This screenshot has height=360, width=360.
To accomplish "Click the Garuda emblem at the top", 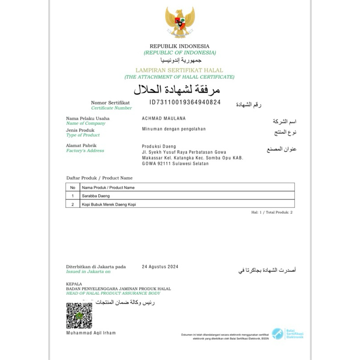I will [x=180, y=22].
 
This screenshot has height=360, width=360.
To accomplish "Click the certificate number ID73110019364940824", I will [x=185, y=102].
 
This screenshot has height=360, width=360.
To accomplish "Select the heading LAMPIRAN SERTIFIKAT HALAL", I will [x=180, y=71].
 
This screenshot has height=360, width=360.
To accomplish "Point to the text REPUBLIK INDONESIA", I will [x=180, y=46].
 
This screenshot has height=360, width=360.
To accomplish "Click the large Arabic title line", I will [x=180, y=88].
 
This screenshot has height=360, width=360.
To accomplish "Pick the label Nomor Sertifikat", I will [x=110, y=103].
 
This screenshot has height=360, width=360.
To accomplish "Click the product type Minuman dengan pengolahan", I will [x=174, y=129].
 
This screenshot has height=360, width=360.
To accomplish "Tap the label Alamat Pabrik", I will [x=81, y=145].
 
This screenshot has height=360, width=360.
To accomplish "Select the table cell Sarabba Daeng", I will [x=95, y=196].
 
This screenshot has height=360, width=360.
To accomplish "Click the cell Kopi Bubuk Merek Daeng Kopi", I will [x=108, y=204].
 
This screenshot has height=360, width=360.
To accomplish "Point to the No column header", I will [x=72, y=187].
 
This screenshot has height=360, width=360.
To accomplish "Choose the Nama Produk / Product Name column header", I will [x=108, y=187].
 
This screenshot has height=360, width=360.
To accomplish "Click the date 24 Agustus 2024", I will [x=160, y=266].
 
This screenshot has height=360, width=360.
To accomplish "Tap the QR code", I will [x=79, y=315].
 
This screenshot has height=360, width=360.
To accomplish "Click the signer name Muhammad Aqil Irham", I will [x=90, y=333].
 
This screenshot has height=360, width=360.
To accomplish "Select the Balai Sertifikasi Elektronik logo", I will [x=287, y=333].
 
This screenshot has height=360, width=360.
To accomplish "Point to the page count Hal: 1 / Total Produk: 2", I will [x=272, y=211].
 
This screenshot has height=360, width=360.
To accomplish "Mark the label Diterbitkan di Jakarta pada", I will [x=96, y=266].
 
